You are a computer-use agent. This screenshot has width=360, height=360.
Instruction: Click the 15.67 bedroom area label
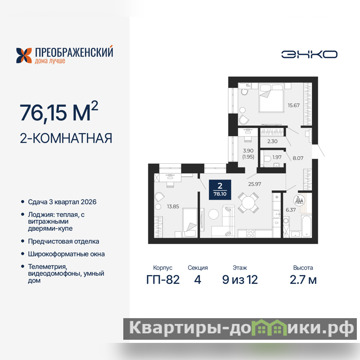click(294, 105)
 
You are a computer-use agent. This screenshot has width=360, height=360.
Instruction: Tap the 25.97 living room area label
click(255, 184)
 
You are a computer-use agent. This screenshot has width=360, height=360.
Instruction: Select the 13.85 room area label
click(173, 207)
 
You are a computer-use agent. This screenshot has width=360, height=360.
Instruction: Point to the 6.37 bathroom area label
click(291, 210)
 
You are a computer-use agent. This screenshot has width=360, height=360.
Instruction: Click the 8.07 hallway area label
click(298, 158)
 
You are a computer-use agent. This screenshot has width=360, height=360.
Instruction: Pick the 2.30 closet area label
click(272, 141)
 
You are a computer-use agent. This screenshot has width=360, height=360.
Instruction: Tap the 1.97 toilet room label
click(277, 157)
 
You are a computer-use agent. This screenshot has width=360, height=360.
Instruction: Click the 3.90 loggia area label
click(248, 151)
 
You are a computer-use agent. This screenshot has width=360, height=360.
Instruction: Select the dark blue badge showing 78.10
click(220, 189)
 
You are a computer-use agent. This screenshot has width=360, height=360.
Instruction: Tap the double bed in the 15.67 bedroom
click(271, 98)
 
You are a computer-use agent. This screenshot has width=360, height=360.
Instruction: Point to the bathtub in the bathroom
click(306, 226)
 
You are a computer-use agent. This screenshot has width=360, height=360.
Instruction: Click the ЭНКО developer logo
click(309, 54)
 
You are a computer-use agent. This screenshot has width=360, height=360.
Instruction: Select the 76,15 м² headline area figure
click(59, 111)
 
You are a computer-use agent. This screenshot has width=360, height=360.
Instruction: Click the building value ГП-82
click(163, 279)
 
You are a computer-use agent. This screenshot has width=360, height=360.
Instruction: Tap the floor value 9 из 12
click(240, 279)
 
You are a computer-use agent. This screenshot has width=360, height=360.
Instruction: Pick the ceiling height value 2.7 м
click(303, 279)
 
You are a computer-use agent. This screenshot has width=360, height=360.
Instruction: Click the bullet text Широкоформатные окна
click(66, 254)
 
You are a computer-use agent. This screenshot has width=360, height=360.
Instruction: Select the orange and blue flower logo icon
click(24, 55)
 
